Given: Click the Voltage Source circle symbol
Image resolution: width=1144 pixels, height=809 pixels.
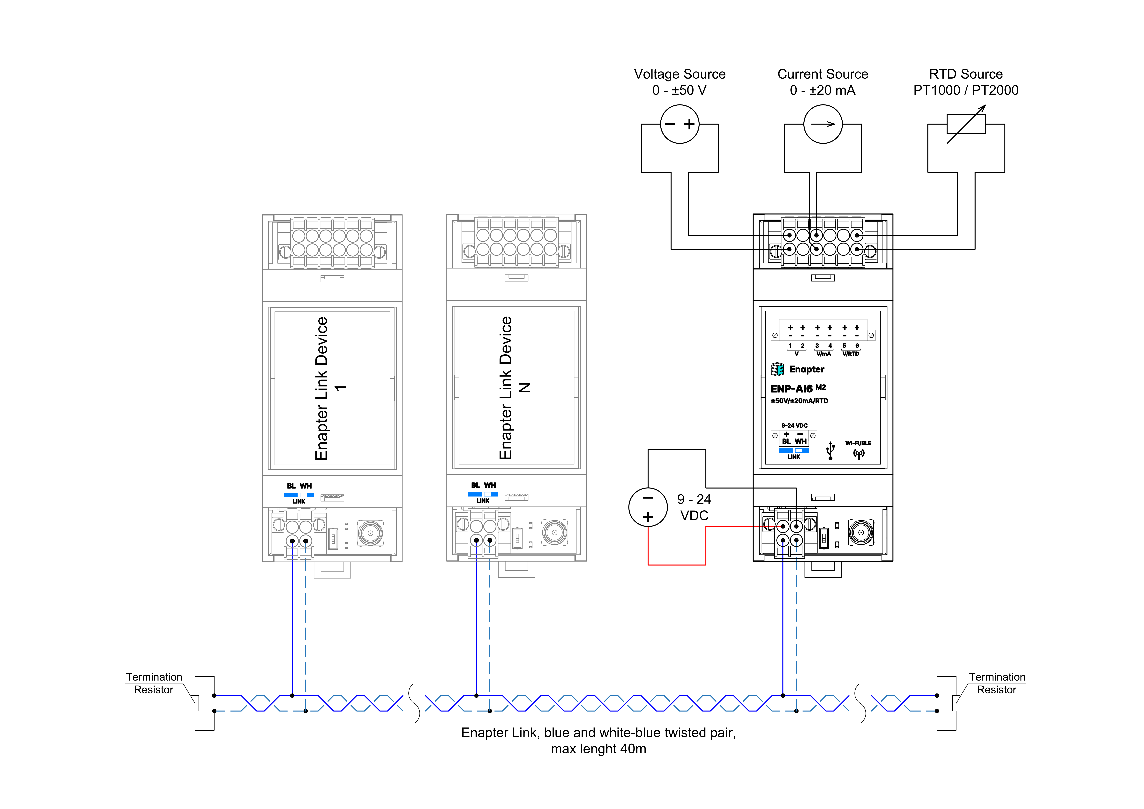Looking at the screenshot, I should point(680,124).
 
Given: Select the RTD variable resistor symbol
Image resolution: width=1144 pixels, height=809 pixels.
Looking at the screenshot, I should point(966,124).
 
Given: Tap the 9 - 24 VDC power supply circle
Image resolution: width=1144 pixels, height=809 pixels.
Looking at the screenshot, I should point(648,507).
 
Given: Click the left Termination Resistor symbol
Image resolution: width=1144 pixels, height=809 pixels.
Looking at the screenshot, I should point(195,703).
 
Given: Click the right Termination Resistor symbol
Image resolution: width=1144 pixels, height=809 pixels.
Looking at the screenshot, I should point(956,703).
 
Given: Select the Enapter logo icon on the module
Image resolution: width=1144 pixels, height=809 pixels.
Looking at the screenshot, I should point(777,369).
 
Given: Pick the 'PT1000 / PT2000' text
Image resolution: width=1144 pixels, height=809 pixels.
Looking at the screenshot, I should point(966,90).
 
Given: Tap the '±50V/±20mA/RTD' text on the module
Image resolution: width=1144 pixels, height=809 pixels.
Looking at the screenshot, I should point(799,401).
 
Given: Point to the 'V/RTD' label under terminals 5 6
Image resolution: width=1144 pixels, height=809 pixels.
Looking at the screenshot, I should point(851,354).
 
